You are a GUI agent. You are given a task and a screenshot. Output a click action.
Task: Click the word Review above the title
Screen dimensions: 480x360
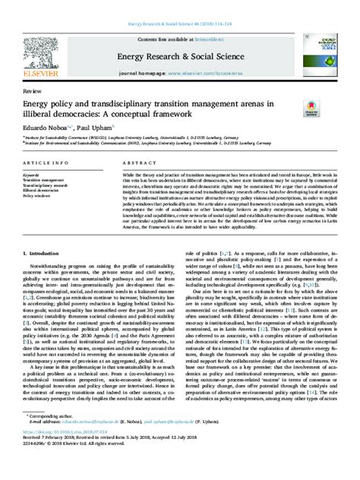(x=32, y=89)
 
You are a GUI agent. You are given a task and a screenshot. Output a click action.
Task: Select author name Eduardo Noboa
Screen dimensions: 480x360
(x=48, y=128)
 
